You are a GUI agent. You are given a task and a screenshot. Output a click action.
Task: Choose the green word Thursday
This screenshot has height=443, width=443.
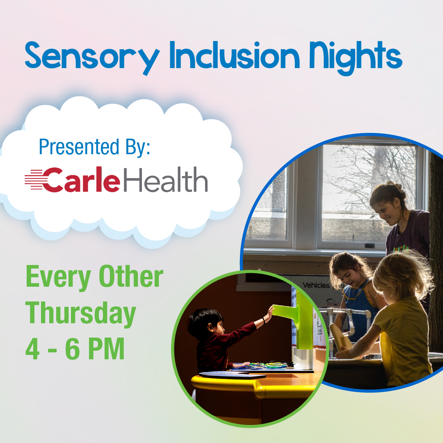click(80, 313)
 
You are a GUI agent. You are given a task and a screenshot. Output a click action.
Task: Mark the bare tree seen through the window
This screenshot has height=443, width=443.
click(361, 176)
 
